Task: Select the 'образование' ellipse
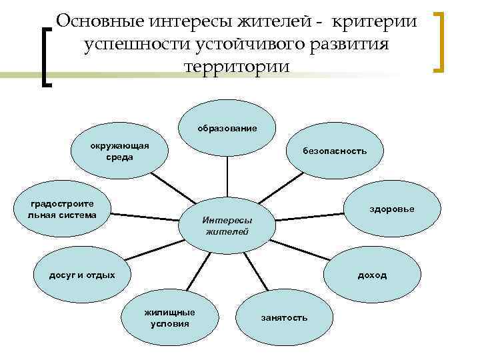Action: click(227, 127)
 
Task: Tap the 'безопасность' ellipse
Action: click(335, 151)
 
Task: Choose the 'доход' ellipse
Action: click(372, 275)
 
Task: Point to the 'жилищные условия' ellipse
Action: click(170, 317)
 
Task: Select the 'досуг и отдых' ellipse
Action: click(82, 275)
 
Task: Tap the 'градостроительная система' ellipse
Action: click(62, 209)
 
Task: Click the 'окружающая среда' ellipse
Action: click(120, 151)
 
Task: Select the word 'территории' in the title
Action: click(236, 67)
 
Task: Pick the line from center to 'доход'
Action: click(300, 249)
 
